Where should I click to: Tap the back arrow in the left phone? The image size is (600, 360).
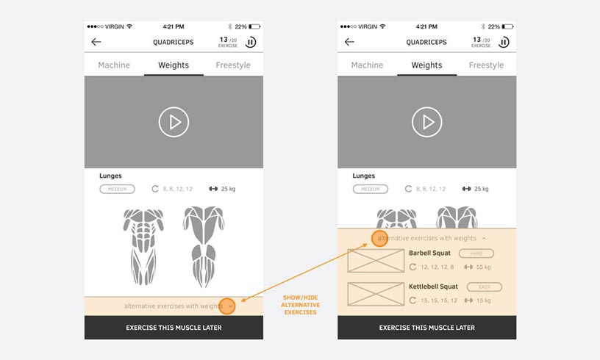(x=96, y=42)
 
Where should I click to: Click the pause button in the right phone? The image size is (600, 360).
(x=504, y=42)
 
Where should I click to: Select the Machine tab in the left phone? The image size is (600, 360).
(x=114, y=65)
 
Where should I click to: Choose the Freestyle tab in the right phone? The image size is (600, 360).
(x=486, y=65)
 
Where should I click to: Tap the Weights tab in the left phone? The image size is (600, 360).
(x=174, y=65)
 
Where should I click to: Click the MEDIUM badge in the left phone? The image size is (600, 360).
(x=118, y=189)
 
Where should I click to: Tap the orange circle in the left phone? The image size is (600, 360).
(x=227, y=306)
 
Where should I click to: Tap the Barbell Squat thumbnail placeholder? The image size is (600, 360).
(x=376, y=261)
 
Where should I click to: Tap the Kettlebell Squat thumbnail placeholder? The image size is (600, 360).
(x=376, y=294)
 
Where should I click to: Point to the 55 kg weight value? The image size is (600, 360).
(x=483, y=267)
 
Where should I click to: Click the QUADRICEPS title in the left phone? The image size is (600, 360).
(x=174, y=42)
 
